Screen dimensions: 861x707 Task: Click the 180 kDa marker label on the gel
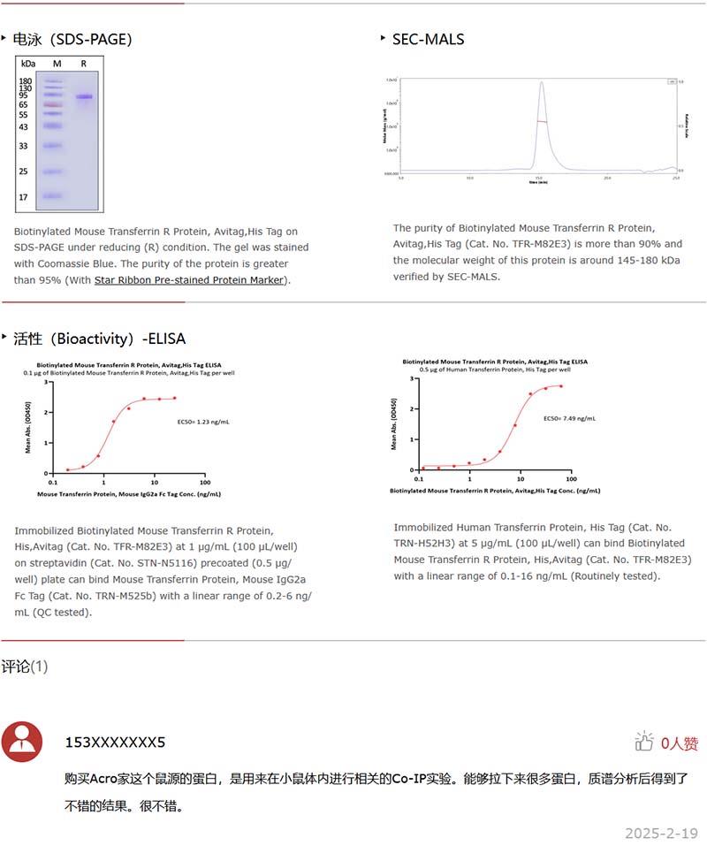25,80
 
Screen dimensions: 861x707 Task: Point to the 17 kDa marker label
25,197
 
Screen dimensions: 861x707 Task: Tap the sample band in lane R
84,96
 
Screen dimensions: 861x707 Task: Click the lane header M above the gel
57,64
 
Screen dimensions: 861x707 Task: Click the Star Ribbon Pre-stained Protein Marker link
189,280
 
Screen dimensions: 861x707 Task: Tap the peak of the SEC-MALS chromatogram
541,83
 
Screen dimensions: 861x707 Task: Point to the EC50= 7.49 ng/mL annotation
569,419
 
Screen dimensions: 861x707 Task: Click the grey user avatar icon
22,741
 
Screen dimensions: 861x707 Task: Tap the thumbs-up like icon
643,742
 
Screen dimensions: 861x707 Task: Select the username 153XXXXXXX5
115,742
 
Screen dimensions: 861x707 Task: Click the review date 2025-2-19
661,833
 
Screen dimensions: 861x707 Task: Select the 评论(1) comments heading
25,666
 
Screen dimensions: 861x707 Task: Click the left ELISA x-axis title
128,495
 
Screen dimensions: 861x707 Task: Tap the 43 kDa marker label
25,127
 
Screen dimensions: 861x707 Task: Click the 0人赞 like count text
679,743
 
